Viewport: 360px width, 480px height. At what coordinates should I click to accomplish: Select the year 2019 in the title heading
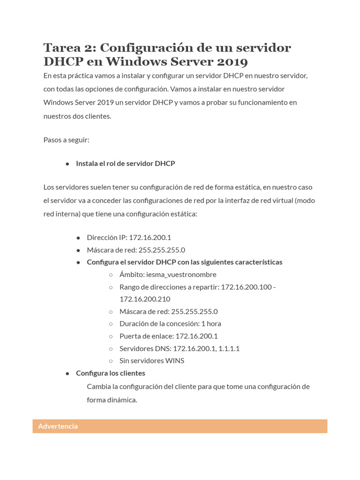click(231, 62)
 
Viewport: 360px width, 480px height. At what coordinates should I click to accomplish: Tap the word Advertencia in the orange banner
click(58, 426)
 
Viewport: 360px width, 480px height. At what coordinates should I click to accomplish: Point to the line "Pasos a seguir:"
click(66, 140)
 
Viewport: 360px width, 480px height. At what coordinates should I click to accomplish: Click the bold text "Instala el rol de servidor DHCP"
click(125, 164)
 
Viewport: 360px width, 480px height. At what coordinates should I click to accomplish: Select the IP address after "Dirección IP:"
click(150, 238)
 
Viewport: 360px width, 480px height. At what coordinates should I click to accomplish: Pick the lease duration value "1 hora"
click(211, 323)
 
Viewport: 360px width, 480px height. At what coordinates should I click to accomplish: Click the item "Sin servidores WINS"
click(152, 360)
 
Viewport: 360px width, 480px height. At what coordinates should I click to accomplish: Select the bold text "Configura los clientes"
click(111, 373)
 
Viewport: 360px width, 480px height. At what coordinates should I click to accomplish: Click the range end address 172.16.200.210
click(145, 299)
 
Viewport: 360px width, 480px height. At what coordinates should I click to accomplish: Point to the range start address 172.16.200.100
click(246, 287)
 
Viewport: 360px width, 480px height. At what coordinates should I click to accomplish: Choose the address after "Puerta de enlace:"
click(196, 336)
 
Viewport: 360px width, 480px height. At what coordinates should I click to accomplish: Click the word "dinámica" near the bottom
click(122, 400)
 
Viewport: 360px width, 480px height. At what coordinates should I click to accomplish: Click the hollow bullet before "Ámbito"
click(111, 275)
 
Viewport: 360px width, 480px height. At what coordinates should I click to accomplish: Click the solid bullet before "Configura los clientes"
click(67, 373)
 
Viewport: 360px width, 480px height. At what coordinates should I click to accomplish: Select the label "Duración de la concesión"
click(158, 323)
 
